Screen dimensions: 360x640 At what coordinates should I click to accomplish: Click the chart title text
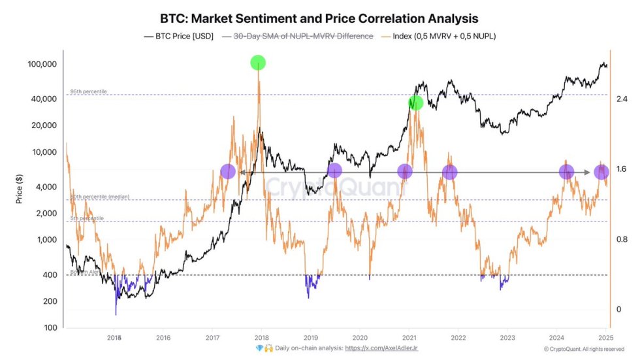click(x=319, y=18)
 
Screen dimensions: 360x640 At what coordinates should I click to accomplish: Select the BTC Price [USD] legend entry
click(x=178, y=36)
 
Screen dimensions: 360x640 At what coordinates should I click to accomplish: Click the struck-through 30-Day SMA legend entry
click(x=298, y=36)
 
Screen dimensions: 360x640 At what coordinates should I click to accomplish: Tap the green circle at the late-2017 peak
click(x=258, y=63)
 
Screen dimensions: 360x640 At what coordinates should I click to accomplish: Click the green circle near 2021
click(x=415, y=103)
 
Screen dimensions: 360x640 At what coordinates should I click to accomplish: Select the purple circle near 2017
click(x=227, y=172)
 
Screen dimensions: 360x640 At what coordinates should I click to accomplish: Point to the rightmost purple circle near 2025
click(x=601, y=172)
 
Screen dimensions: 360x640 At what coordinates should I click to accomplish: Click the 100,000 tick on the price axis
click(x=43, y=64)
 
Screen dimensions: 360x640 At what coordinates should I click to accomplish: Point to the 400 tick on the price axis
click(x=49, y=275)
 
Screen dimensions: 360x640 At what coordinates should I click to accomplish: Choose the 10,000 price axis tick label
click(x=45, y=152)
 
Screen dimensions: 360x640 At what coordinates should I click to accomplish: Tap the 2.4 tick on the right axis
click(x=622, y=99)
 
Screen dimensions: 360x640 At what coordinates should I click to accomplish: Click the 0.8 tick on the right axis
click(x=622, y=239)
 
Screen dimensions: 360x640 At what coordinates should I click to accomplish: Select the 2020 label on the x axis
click(x=360, y=338)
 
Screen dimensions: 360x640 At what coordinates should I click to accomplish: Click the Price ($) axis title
click(x=20, y=190)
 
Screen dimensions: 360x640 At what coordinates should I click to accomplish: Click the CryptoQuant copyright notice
click(x=585, y=350)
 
